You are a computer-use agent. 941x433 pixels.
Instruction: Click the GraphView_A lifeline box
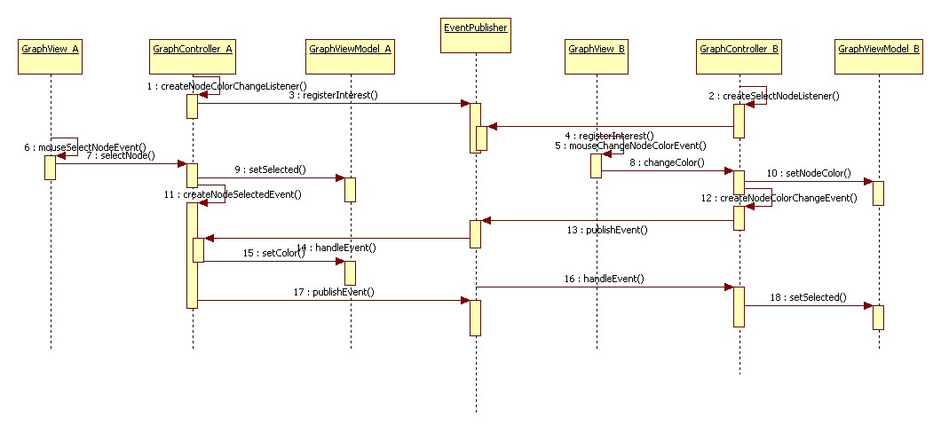(51, 50)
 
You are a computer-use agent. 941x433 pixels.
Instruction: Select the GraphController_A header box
(193, 50)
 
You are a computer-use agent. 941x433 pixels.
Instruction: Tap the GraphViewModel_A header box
(350, 50)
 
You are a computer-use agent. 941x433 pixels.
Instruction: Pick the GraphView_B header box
(597, 50)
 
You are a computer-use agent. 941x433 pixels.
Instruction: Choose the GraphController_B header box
(739, 50)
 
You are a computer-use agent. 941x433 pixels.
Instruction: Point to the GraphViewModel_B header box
(878, 50)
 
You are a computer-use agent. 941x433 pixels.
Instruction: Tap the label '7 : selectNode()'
(120, 155)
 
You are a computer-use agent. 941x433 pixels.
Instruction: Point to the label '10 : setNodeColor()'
(808, 173)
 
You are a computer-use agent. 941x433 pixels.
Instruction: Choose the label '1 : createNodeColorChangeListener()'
(227, 86)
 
